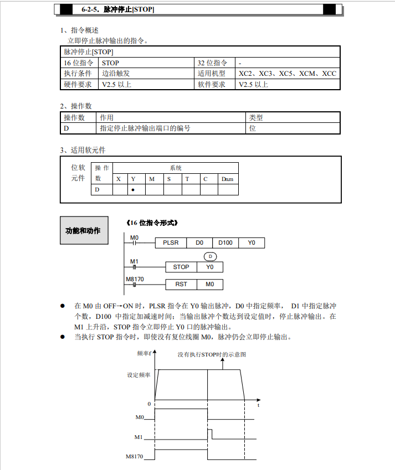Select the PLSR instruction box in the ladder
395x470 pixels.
(171, 242)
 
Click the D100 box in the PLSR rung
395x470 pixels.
(225, 242)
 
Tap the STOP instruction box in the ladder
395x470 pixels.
(181, 267)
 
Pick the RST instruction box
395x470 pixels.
(181, 285)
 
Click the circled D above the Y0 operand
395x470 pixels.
(210, 256)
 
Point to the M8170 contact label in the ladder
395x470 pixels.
(135, 279)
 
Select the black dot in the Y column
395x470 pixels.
(134, 190)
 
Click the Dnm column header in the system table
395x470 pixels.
(227, 179)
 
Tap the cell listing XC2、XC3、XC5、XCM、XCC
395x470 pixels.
(288, 74)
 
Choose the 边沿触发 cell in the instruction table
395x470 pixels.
(116, 74)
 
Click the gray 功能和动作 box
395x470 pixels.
(83, 230)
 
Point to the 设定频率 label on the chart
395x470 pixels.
(138, 375)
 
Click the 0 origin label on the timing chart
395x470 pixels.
(149, 404)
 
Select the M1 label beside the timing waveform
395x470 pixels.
(139, 437)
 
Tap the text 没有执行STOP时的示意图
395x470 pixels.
(212, 354)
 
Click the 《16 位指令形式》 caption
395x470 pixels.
(152, 223)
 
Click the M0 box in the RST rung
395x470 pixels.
(210, 285)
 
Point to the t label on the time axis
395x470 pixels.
(259, 405)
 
